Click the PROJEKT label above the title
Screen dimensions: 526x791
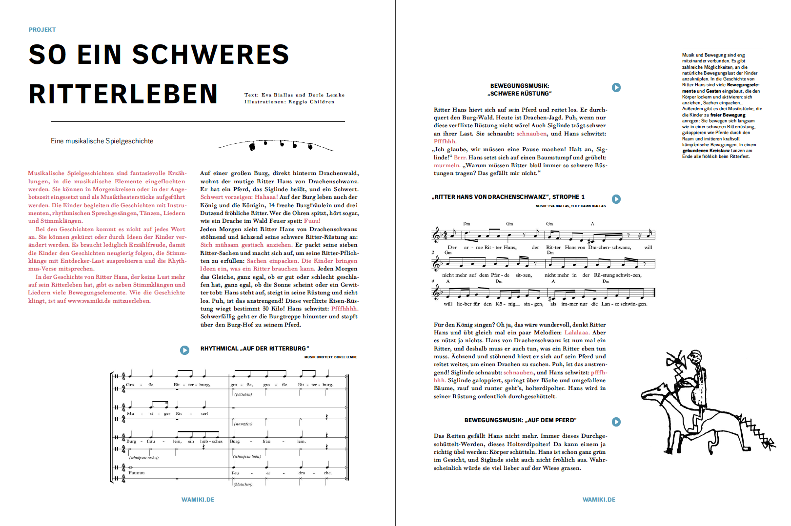click(x=42, y=30)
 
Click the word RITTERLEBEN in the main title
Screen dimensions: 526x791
click(x=123, y=94)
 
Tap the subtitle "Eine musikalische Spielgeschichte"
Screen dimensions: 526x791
click(x=102, y=141)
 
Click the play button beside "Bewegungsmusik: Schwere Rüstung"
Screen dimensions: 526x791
click(x=616, y=87)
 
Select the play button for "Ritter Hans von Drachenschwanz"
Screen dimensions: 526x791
click(x=616, y=199)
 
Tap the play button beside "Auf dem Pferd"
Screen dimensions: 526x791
click(x=616, y=422)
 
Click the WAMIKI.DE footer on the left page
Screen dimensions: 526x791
click(x=198, y=500)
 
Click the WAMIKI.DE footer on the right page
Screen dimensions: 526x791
click(x=599, y=500)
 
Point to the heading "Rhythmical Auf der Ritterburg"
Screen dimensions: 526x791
click(x=255, y=349)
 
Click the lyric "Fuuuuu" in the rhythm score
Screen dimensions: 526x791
click(x=137, y=473)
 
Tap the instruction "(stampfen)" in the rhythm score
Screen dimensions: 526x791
click(x=243, y=424)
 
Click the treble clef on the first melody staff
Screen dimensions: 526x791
click(x=436, y=235)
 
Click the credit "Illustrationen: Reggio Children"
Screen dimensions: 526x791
click(x=289, y=102)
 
